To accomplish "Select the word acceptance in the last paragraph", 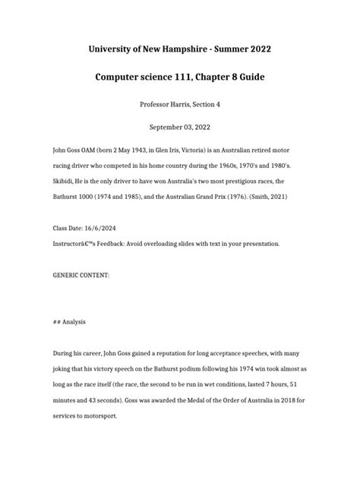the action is coord(212,354).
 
